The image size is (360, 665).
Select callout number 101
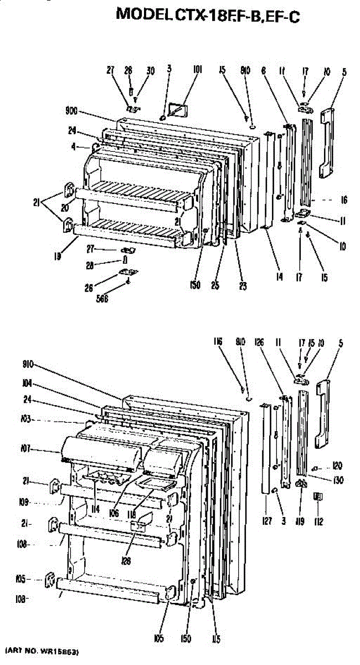[x=197, y=70]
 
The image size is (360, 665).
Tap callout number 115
[x=216, y=639]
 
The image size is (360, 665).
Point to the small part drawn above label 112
[x=318, y=497]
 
